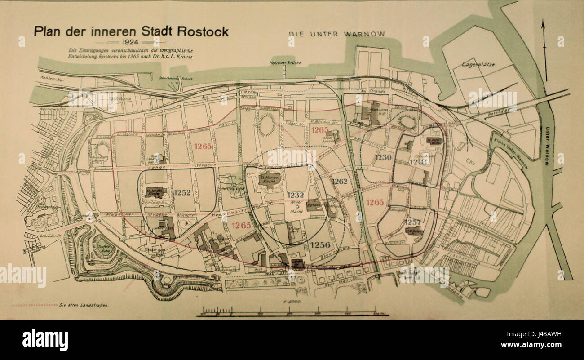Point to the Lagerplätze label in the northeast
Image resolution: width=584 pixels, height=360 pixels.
coord(478,65)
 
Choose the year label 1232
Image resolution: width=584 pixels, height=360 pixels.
coord(296,195)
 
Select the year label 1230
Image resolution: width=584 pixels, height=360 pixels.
coord(384,157)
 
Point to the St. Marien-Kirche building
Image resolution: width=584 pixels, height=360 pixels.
coord(270,178)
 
